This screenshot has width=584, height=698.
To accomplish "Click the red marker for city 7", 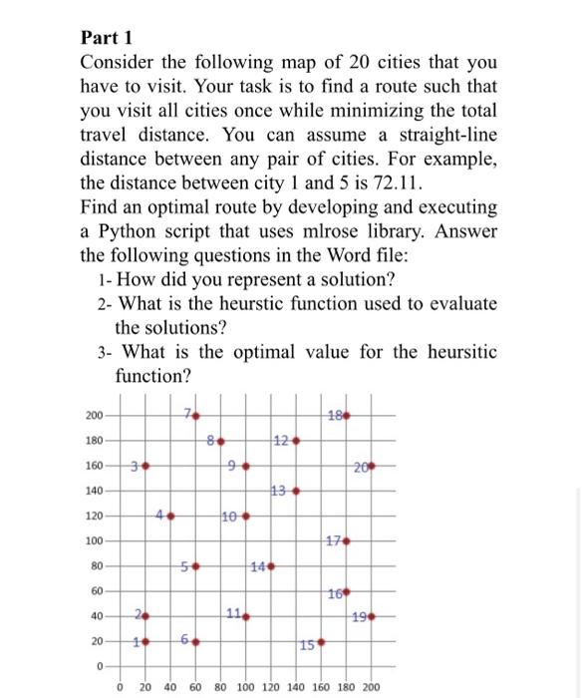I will (x=196, y=415).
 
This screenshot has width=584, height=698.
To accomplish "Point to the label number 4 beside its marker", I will (x=160, y=516).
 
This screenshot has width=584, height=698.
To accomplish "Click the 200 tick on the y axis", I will (x=93, y=415).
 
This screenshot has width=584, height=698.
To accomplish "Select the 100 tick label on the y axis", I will (x=93, y=541).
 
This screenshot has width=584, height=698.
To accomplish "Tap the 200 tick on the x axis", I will (x=370, y=687).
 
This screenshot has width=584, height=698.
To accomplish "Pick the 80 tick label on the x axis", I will (x=220, y=687).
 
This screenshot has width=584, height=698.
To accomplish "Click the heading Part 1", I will (x=106, y=39).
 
